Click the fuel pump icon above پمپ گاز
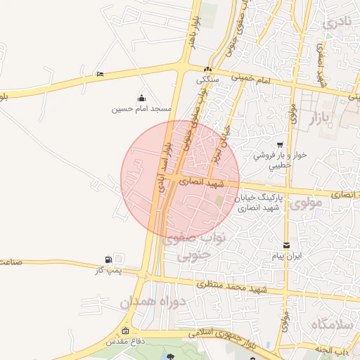108,260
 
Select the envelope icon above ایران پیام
286,245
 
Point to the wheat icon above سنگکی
207,70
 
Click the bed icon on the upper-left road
101,74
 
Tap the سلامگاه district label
330,324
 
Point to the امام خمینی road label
254,82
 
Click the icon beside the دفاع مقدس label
125,331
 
